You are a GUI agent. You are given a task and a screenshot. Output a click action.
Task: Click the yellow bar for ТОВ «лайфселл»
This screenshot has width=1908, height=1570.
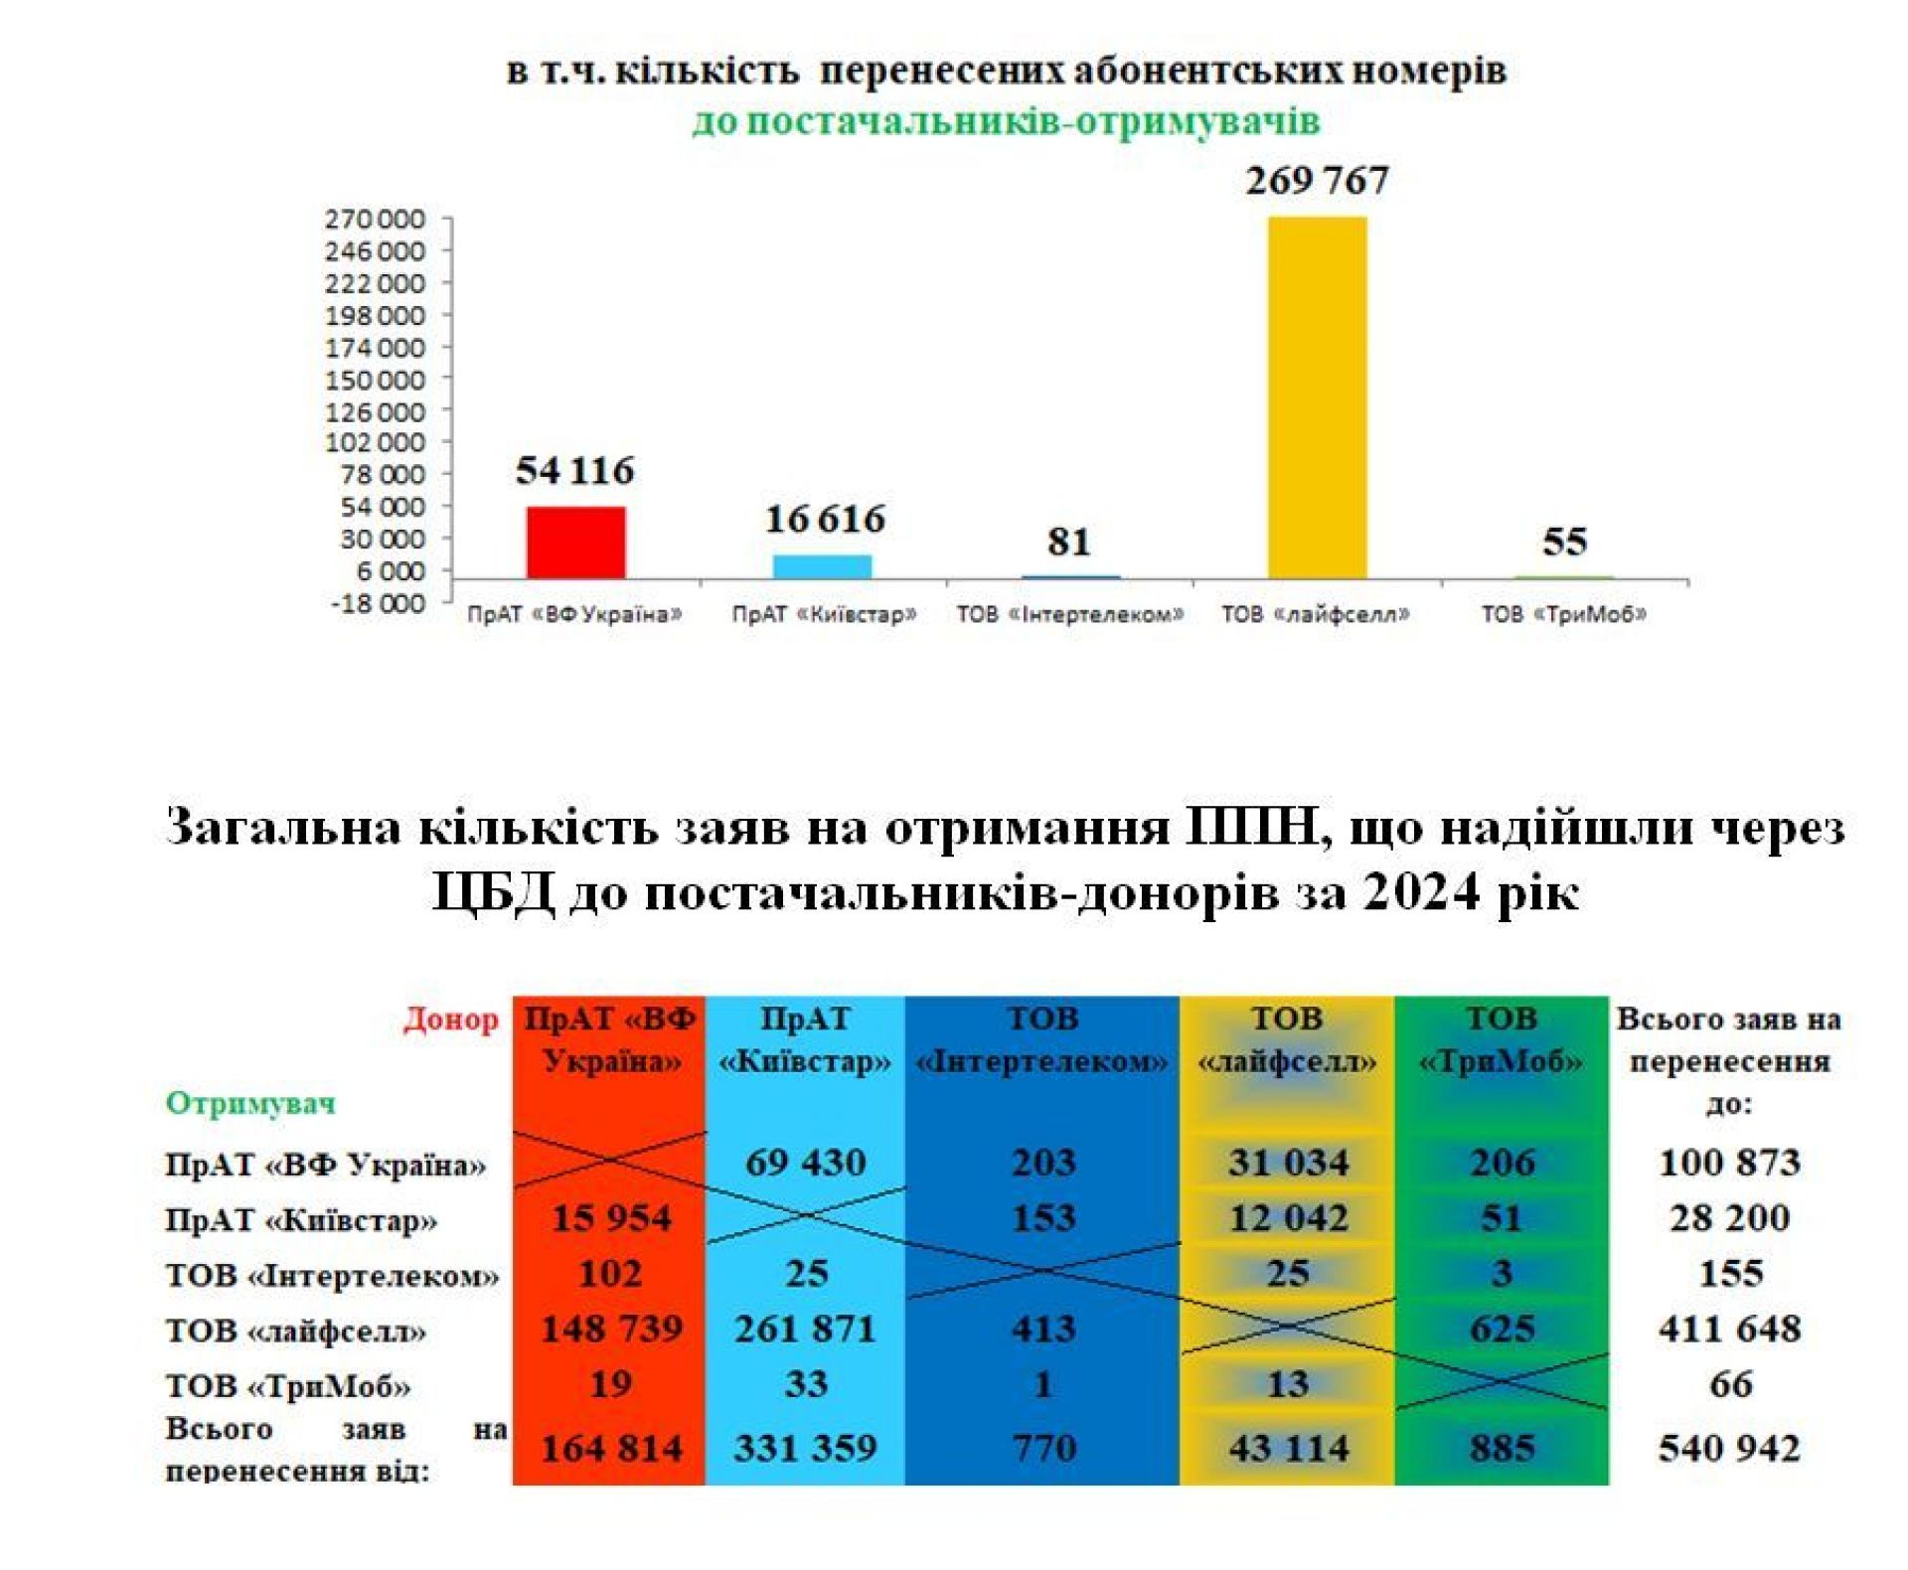1317,397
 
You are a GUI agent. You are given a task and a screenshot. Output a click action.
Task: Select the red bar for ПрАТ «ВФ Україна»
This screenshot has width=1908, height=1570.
575,543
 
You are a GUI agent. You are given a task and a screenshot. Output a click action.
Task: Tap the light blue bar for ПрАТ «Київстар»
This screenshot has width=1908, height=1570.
822,566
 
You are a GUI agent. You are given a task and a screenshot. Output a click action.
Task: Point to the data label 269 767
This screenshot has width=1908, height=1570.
1317,181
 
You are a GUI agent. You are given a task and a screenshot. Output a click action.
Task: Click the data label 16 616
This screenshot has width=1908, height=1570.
824,519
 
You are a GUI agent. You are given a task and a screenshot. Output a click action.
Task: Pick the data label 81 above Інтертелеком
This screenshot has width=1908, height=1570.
1068,542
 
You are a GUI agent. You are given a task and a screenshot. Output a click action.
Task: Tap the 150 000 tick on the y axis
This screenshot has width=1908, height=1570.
375,380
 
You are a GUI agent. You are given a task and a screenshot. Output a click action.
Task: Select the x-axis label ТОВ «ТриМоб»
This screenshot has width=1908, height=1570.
1563,614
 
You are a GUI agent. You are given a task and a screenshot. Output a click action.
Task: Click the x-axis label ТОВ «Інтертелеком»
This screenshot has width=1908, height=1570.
1069,614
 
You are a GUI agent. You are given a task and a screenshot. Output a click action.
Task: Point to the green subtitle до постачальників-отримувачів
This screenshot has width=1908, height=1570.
1006,121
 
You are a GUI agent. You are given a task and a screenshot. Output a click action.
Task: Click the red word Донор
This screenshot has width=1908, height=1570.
450,1020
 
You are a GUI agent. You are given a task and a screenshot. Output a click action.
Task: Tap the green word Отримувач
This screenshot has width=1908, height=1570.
250,1102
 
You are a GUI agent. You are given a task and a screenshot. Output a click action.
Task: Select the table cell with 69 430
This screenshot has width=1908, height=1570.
805,1162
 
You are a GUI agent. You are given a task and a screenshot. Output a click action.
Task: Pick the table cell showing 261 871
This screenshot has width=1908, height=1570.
805,1329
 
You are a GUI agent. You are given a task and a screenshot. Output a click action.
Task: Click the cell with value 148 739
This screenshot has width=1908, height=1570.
611,1329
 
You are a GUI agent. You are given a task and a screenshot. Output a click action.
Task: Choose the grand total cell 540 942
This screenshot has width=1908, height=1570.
1729,1448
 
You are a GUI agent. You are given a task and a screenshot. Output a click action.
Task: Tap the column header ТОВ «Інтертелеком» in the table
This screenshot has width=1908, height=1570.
1042,1040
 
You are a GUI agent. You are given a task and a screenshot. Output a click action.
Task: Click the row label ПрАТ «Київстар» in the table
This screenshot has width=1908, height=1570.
301,1219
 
